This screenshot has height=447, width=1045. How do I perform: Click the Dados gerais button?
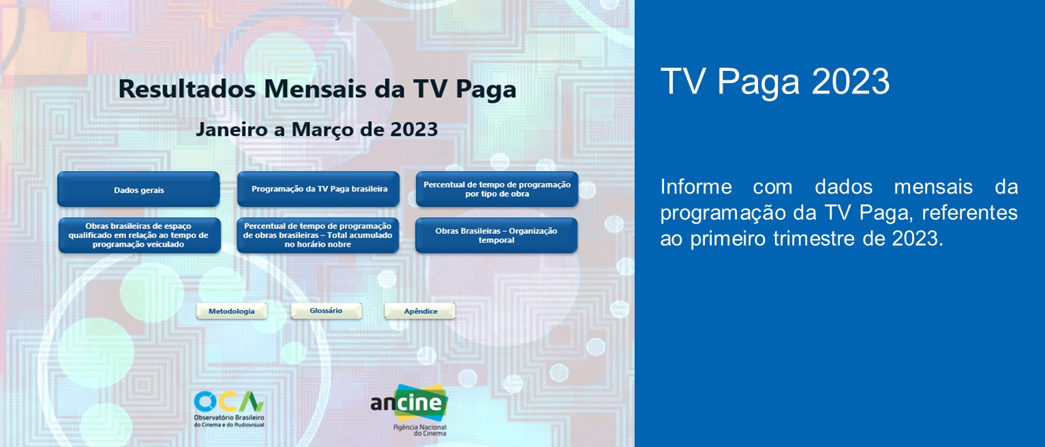(138, 189)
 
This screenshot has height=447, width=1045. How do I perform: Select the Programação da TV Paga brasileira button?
(318, 189)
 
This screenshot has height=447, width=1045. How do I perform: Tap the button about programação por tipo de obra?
(497, 189)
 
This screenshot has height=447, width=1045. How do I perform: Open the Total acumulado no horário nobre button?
(318, 235)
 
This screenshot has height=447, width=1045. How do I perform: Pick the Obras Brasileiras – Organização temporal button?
(496, 235)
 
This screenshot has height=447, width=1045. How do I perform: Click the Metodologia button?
(232, 311)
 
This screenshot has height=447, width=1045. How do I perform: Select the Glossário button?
(326, 311)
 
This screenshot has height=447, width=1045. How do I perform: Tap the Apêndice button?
(420, 311)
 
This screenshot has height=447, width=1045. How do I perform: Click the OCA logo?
(228, 401)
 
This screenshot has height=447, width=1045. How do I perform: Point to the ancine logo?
(410, 403)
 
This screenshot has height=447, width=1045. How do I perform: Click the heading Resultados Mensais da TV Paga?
(317, 89)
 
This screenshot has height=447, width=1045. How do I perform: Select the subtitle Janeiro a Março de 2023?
(317, 129)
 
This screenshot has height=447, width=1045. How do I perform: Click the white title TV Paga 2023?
(775, 82)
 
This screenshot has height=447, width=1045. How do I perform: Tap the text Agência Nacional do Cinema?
(420, 429)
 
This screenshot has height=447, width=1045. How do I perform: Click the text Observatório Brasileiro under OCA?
(229, 416)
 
